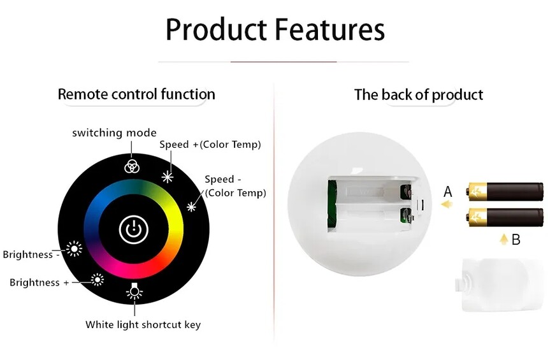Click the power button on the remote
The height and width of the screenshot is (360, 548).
134,229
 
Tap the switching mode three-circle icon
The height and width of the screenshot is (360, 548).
132,167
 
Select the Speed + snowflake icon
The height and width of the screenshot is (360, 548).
168,177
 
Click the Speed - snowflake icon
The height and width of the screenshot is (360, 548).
191,207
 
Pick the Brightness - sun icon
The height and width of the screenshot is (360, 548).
74,249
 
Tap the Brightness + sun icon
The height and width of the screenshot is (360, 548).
97,280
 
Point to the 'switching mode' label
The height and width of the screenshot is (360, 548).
114,133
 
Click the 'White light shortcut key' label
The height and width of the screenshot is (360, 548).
143,325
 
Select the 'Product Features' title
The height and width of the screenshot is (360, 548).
275,29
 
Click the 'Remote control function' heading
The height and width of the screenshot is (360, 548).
136,94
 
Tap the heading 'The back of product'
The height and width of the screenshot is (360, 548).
419,95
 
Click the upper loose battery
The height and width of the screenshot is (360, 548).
505,191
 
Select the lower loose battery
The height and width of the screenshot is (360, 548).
505,217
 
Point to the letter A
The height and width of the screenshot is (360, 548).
448,192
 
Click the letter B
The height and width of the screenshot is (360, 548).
516,240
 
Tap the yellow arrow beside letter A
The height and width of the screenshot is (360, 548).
446,204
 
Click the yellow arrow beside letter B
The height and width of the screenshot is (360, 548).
503,240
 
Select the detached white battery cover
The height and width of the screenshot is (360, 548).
500,285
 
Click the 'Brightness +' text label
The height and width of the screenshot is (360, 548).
39,282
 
